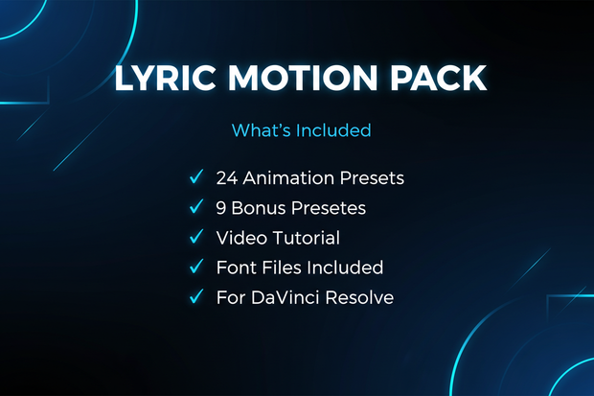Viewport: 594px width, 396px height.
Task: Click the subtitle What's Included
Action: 302,129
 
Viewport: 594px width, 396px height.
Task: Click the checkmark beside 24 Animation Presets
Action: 196,176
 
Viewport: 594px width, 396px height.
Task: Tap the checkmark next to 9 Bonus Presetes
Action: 196,206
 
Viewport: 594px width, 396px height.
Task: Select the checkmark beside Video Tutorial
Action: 196,236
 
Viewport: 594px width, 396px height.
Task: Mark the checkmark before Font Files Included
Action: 196,267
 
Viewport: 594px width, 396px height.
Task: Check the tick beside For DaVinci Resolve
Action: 196,296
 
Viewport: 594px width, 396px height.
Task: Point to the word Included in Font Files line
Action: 346,268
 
